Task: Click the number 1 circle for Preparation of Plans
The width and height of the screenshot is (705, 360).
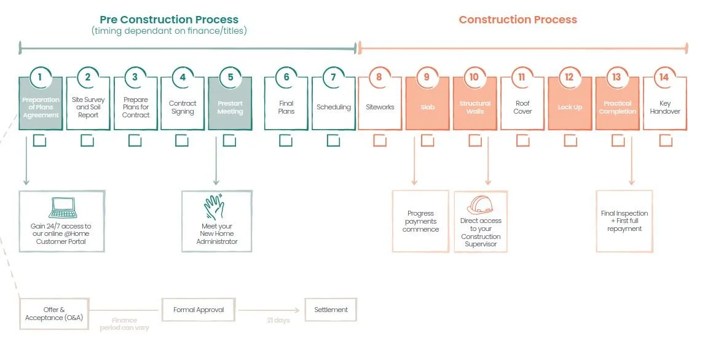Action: coord(40,77)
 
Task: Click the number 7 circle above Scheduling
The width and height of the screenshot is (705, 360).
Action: coord(334,77)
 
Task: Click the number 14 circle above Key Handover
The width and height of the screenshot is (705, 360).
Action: coord(664,77)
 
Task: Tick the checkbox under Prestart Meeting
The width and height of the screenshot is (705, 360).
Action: coord(229,141)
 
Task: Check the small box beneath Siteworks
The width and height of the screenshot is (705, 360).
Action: coord(380,141)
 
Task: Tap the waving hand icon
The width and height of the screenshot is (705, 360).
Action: coord(216,207)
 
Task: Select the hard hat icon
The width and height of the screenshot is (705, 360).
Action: coord(481,205)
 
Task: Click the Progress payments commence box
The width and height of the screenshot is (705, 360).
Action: coord(420,221)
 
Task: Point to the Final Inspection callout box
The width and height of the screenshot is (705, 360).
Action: coord(624,221)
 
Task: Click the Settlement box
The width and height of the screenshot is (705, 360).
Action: coord(331,310)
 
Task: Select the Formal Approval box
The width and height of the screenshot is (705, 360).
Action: coord(198,310)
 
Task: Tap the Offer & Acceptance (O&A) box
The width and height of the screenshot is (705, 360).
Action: coord(55,313)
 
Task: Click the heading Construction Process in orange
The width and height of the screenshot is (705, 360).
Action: coord(518,20)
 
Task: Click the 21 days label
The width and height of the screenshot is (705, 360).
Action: coord(278,320)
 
